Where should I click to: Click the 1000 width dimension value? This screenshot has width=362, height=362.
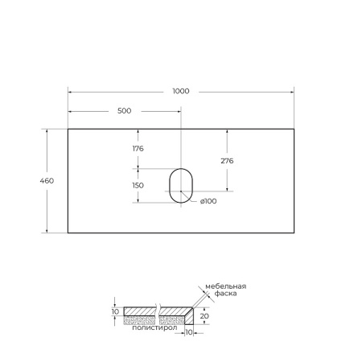coord(181,91)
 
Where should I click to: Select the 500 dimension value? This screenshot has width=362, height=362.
coord(124,111)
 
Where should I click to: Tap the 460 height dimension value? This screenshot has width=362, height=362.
coord(47,181)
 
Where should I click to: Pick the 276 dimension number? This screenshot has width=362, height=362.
coord(227,161)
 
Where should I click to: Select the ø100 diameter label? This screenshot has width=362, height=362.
coord(208,201)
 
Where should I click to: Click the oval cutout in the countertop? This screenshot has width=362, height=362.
coord(181,184)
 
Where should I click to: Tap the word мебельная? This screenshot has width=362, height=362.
coord(224,286)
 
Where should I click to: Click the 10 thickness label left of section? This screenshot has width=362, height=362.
coord(115,311)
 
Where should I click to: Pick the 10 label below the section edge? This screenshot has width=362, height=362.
coord(188,333)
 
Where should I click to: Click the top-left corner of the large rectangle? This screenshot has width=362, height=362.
coord(68,129)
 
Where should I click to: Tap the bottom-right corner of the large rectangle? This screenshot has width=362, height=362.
coord(294,233)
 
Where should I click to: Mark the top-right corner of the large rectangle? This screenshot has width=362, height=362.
coord(294,129)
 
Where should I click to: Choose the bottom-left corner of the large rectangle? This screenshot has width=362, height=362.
coord(68,233)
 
